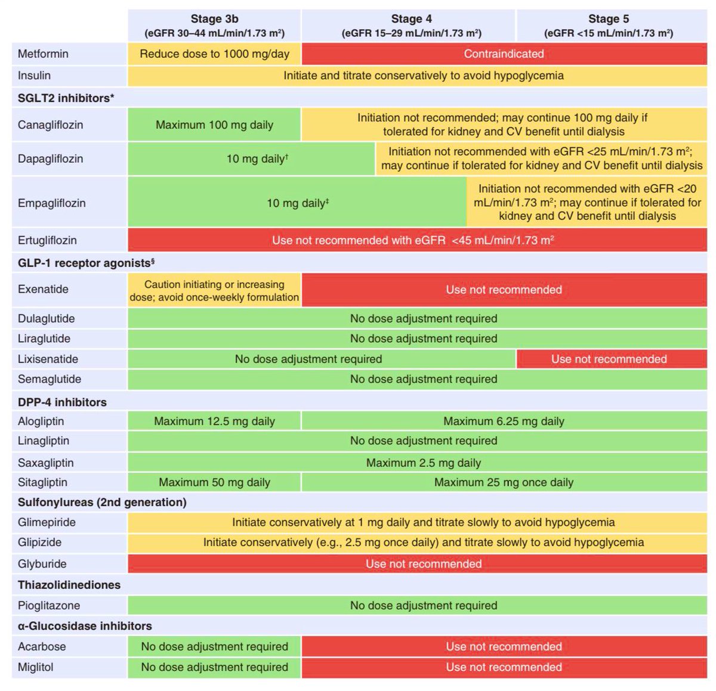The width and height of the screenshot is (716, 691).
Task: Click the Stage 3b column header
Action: [x=214, y=26]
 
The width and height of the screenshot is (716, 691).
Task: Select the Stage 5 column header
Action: [x=609, y=26]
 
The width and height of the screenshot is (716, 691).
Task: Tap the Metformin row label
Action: [x=43, y=54]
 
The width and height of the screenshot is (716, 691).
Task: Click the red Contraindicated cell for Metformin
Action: [x=504, y=54]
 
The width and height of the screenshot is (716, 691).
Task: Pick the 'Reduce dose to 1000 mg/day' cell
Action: [x=214, y=54]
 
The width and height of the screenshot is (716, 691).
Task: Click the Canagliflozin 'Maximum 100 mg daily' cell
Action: [x=214, y=125]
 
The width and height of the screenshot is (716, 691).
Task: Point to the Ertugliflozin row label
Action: [x=47, y=240]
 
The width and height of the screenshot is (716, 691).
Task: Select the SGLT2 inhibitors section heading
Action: [x=66, y=98]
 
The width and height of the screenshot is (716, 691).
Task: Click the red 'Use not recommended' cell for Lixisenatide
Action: [x=609, y=359]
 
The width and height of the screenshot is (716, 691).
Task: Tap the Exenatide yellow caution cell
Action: [x=214, y=290]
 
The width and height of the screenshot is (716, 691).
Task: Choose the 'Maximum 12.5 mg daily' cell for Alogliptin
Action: [x=214, y=421]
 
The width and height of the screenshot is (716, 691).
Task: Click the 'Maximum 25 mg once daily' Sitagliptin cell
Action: [x=504, y=482]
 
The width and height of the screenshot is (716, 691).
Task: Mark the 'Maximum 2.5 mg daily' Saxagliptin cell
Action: [x=424, y=463]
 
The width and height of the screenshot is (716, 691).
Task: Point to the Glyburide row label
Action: [x=42, y=564]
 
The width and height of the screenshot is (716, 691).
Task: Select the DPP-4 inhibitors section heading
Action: [x=62, y=402]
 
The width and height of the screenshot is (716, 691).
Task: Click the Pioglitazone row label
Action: [x=49, y=605]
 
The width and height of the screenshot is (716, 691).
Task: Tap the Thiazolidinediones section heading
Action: [x=69, y=585]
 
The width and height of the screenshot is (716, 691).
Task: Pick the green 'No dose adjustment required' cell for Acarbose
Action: [x=214, y=646]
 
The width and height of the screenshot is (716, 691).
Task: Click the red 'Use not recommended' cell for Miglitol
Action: [x=504, y=667]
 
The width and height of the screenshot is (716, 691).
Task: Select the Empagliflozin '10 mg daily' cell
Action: [x=298, y=203]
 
